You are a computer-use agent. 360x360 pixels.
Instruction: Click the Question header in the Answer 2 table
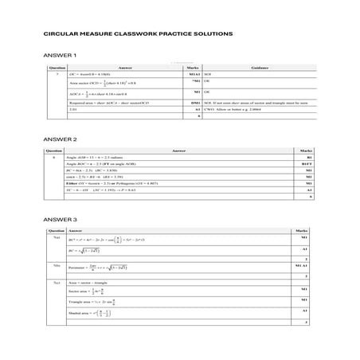pyautogui.click(x=54, y=150)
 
